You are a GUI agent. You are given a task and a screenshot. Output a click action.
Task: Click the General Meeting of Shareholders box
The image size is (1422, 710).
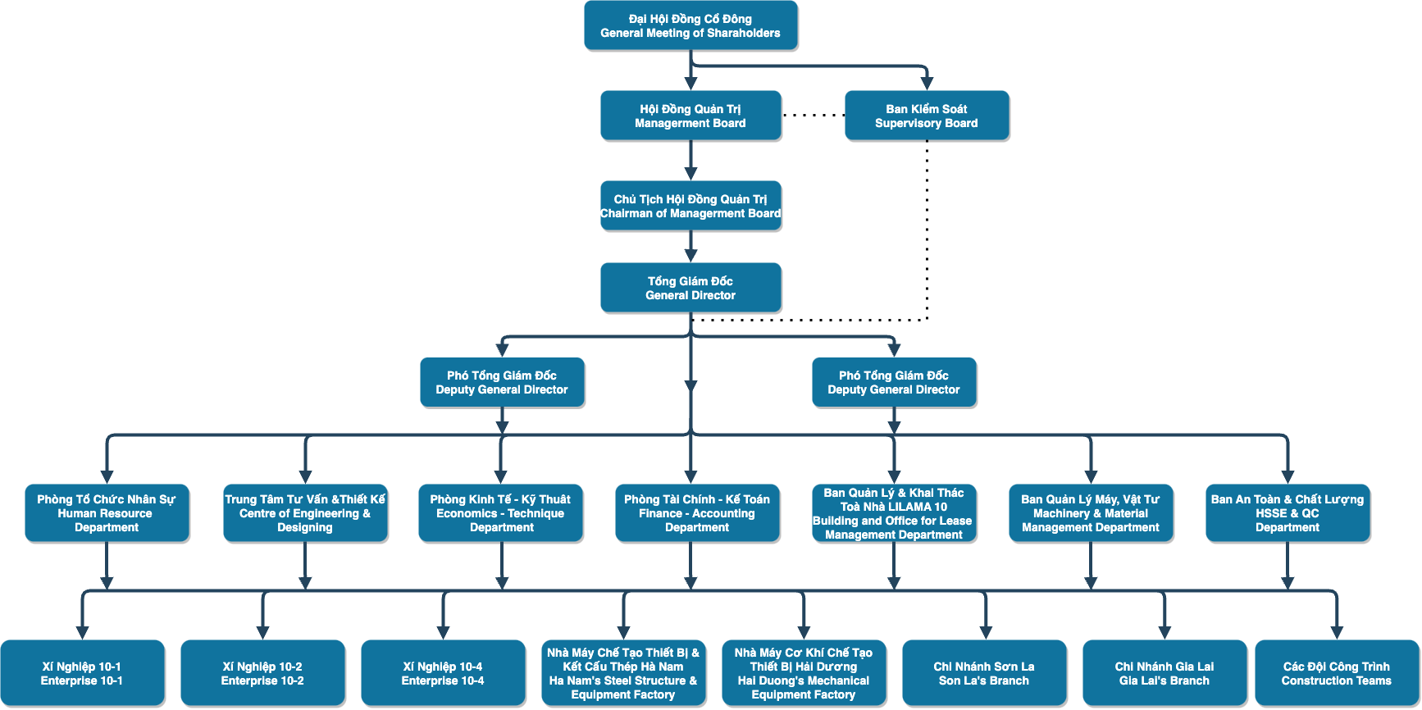(690, 25)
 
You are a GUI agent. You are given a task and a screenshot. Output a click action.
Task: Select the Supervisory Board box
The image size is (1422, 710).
(927, 116)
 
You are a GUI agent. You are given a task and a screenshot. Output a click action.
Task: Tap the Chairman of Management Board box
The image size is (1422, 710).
(690, 206)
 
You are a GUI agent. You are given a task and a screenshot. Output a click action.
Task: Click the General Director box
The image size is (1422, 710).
(690, 288)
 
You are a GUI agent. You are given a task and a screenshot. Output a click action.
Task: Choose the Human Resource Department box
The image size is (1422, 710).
(107, 513)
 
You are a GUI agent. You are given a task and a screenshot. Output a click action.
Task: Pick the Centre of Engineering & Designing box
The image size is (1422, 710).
(305, 513)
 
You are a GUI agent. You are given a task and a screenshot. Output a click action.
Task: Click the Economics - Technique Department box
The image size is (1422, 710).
(501, 513)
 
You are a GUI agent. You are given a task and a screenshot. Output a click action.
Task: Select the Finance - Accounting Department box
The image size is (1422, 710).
(697, 513)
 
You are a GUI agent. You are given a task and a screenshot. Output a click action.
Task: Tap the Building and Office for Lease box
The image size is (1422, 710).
(894, 513)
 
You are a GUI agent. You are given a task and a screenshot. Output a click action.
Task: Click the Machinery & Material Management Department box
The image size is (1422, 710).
(1091, 513)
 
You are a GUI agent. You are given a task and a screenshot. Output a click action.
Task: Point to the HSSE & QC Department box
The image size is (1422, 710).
(1288, 513)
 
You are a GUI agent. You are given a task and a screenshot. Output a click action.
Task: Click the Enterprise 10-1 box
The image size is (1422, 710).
(82, 673)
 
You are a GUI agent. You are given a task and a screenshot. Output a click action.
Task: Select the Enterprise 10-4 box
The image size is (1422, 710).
(443, 673)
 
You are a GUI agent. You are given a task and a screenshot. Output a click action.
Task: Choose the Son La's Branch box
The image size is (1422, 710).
(984, 673)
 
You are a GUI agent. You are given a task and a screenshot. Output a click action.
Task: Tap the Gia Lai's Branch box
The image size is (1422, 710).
(1164, 673)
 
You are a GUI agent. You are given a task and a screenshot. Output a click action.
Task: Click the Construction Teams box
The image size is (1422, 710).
(1337, 673)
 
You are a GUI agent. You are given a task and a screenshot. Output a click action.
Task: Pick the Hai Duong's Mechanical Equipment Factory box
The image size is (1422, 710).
(804, 673)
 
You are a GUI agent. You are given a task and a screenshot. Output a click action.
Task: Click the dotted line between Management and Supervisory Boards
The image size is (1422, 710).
(814, 116)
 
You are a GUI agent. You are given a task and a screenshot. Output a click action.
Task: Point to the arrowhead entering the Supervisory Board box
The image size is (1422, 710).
(927, 84)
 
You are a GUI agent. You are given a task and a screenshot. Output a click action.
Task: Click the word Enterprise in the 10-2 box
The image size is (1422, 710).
(244, 680)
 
